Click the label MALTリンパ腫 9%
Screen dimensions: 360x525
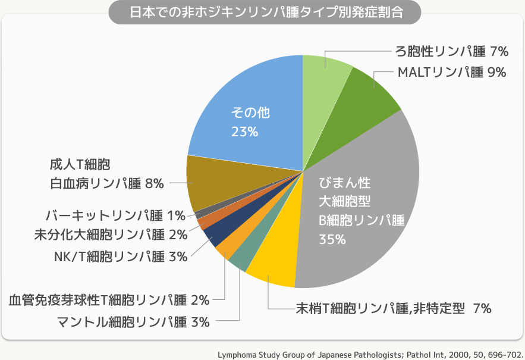(451, 73)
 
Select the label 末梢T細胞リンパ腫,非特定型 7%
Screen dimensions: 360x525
(393, 308)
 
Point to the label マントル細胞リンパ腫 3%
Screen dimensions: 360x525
(133, 323)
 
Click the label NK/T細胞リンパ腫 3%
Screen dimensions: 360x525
(117, 256)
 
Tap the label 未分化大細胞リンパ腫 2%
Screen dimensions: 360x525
(110, 234)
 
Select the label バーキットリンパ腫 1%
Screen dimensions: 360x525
(115, 214)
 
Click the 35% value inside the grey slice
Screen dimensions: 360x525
(332, 239)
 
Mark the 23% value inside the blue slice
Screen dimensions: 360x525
(244, 132)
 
